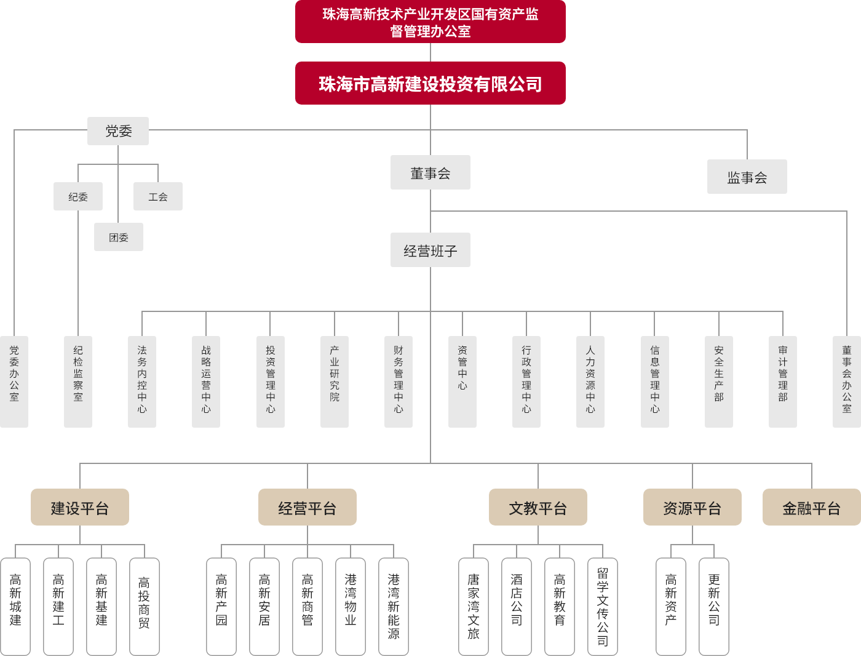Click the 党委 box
118,131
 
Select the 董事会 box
430,172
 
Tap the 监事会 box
747,177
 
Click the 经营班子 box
430,250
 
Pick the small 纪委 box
78,197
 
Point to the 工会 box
158,197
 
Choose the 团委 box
119,237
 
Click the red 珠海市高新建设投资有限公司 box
430,83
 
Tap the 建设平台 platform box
80,507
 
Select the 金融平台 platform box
811,507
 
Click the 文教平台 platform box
538,507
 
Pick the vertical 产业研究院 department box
335,382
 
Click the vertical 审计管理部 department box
783,382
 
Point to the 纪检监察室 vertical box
78,382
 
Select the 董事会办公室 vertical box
847,382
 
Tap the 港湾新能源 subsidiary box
394,606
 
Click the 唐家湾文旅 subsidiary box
474,606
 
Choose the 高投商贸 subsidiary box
145,606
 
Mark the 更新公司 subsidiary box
714,606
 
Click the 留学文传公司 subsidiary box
603,606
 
